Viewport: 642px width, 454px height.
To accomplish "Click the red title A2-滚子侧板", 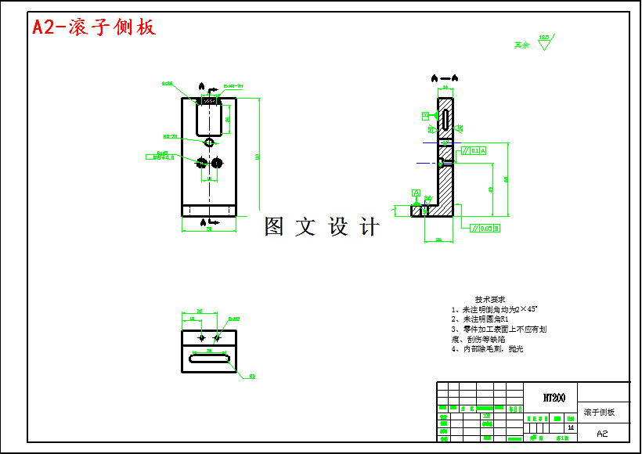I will click(x=94, y=27).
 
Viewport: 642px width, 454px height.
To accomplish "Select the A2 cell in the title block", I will click(x=602, y=433).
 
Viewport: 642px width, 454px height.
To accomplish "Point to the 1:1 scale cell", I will click(x=569, y=428).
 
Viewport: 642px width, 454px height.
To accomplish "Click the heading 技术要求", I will click(x=490, y=300).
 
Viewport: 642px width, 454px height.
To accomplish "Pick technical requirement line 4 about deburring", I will click(x=487, y=349).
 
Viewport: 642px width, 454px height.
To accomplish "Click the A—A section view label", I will click(x=445, y=78).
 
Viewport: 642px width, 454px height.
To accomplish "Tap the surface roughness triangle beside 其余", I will click(x=544, y=42).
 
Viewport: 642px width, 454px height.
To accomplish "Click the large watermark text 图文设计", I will click(x=322, y=227).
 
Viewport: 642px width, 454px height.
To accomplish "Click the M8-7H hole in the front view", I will click(x=208, y=142).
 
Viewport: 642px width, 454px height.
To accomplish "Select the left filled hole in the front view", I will click(x=201, y=162).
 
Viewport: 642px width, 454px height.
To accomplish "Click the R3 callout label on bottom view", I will click(x=252, y=377).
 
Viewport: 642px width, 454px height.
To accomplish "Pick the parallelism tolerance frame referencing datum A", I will click(x=473, y=150).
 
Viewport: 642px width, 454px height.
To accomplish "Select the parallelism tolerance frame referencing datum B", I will click(x=485, y=229).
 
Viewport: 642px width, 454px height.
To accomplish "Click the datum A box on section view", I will click(x=417, y=193).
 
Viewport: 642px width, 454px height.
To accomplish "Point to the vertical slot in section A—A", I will click(x=445, y=119).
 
